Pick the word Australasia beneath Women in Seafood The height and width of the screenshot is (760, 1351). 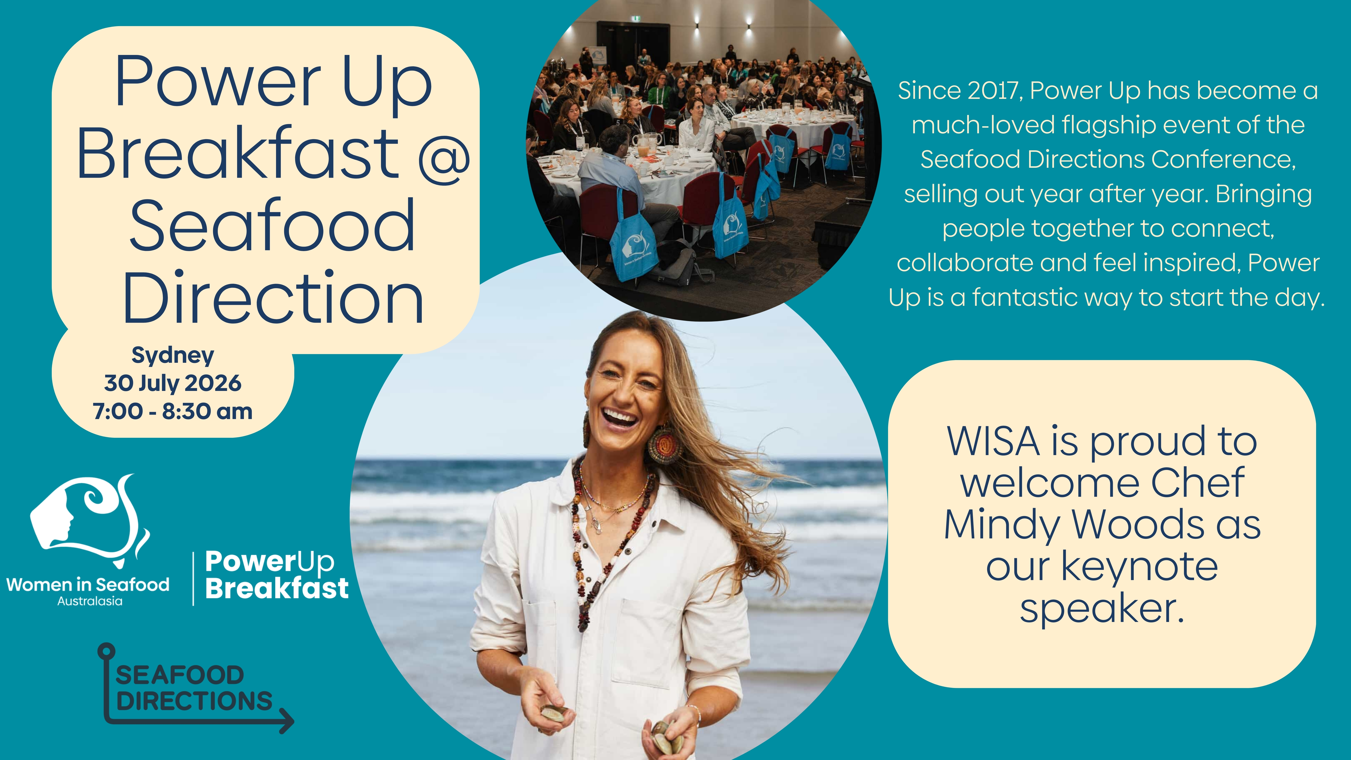(90, 601)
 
